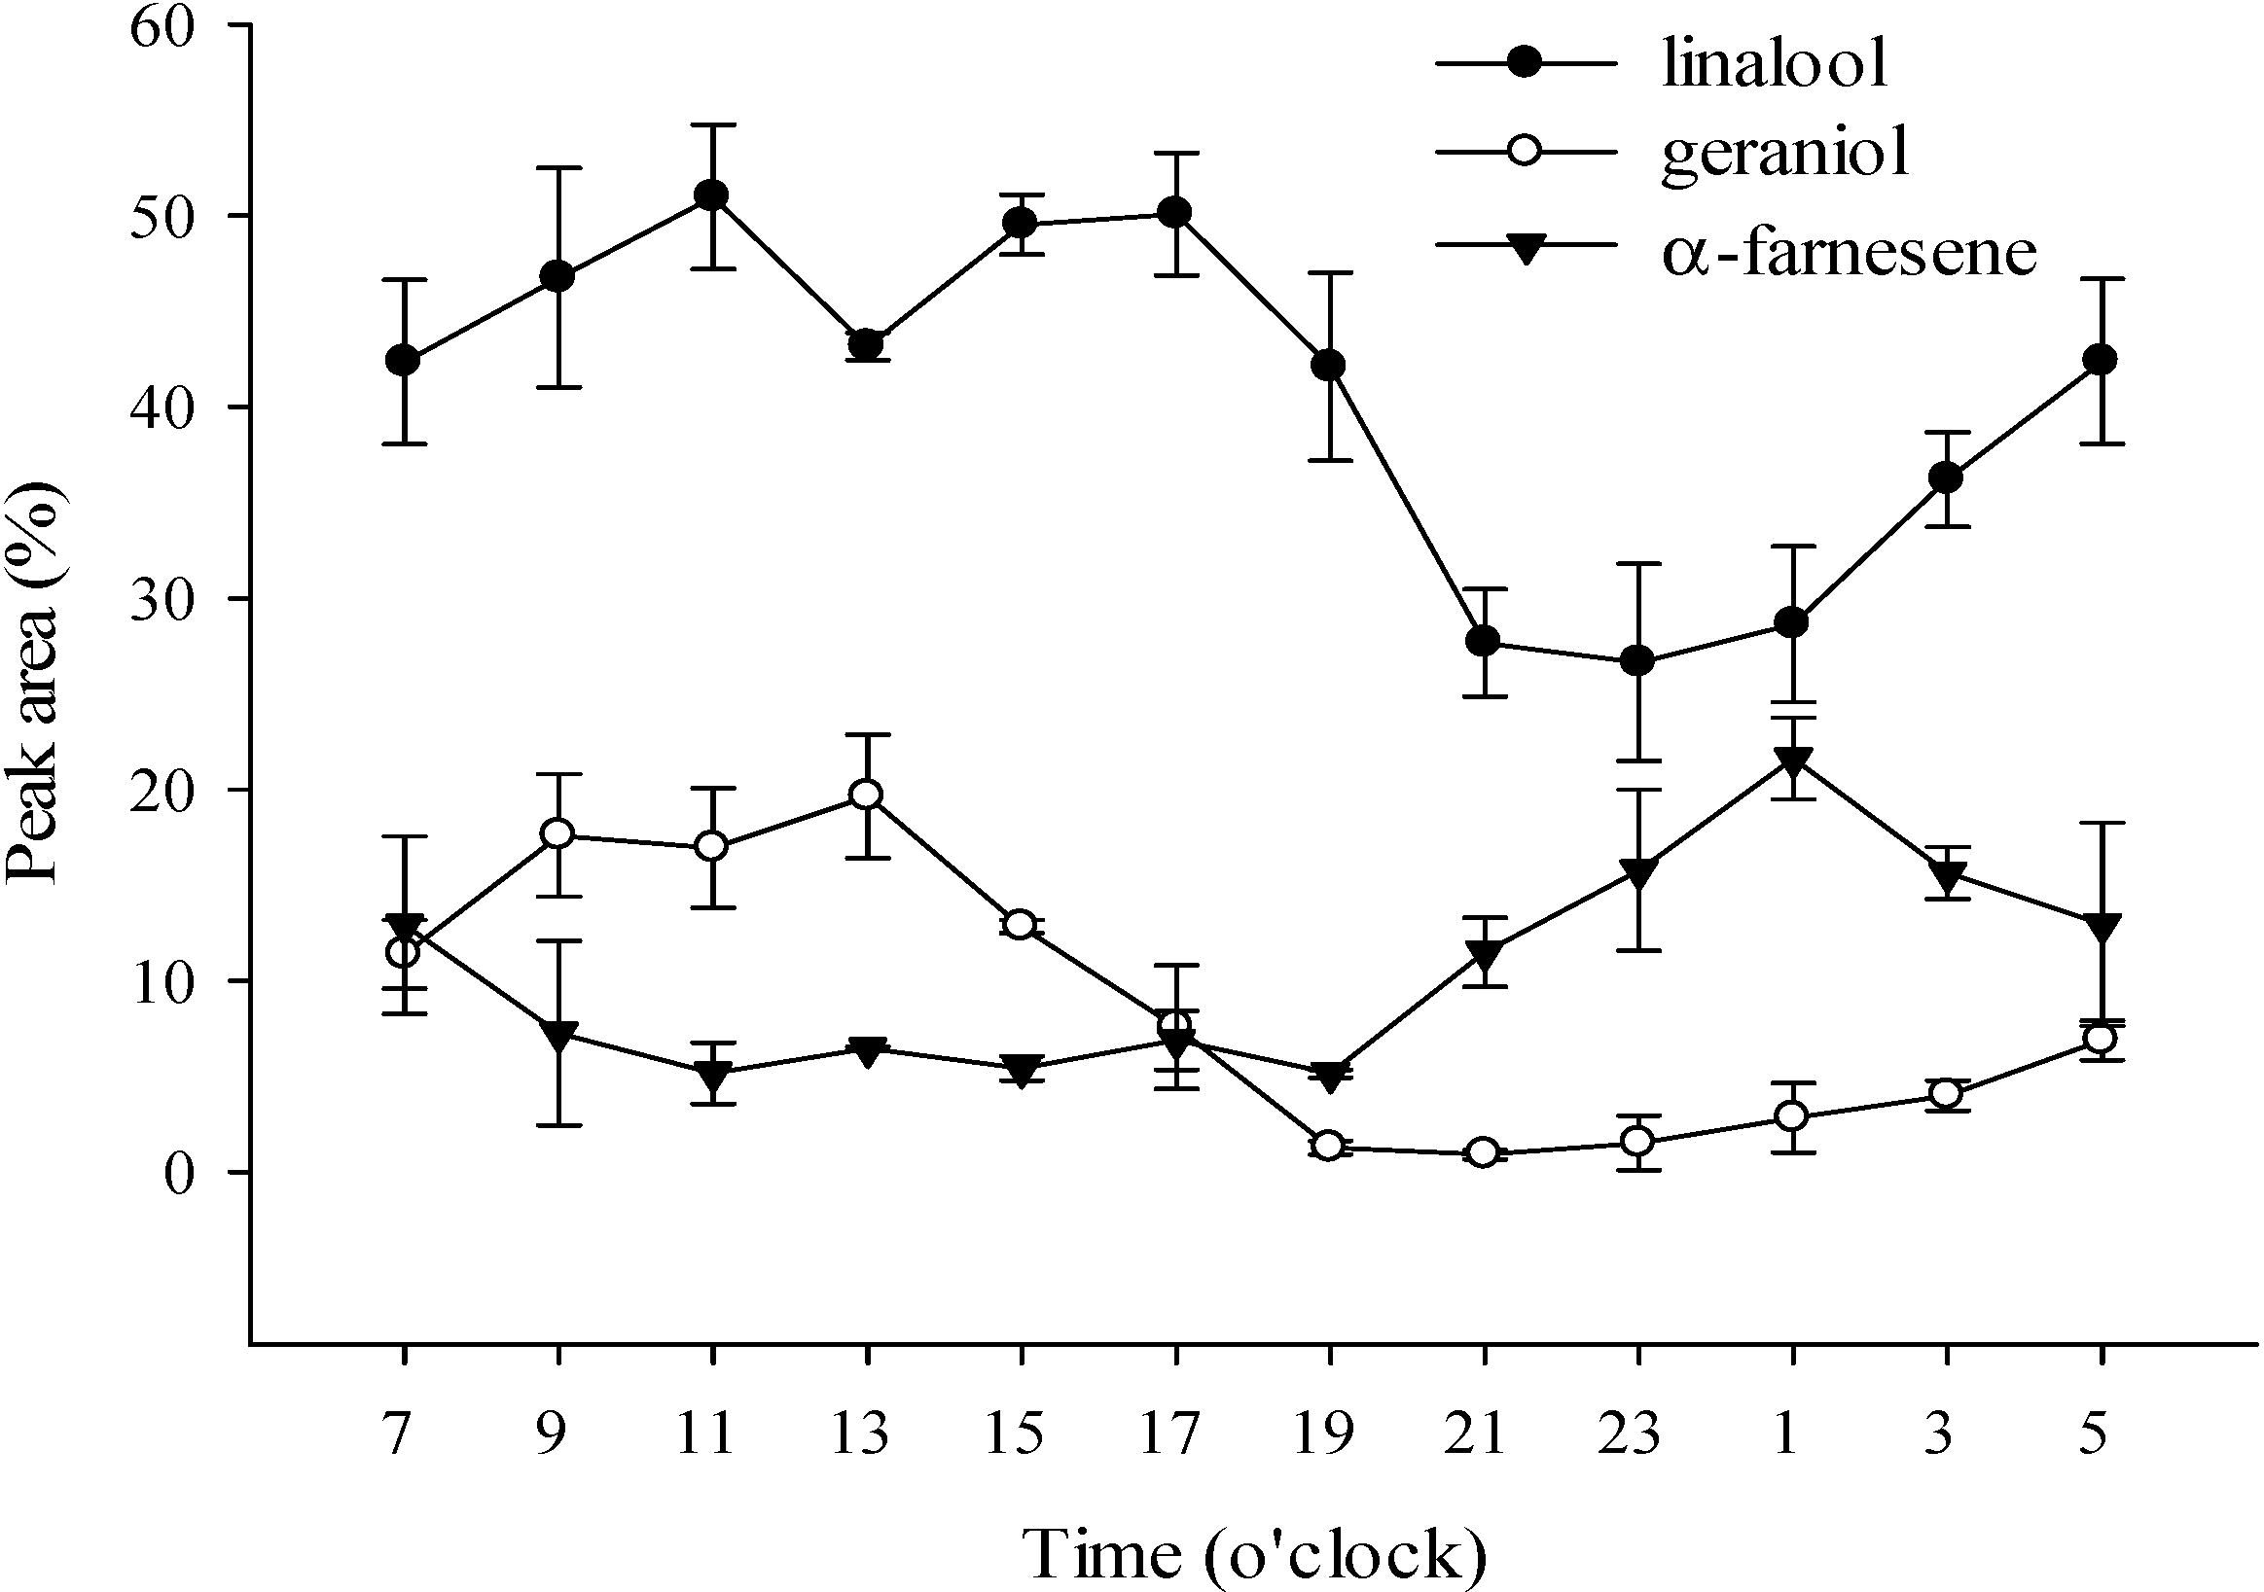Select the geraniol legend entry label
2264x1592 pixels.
(x=1785, y=156)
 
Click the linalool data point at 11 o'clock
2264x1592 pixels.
(x=711, y=195)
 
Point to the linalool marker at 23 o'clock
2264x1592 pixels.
(x=1636, y=661)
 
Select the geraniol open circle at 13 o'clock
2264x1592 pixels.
(x=866, y=795)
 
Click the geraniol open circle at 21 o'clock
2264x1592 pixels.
(x=1483, y=1152)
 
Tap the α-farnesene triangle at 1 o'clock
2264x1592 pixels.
(x=1792, y=761)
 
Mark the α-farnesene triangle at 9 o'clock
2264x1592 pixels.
(x=558, y=1035)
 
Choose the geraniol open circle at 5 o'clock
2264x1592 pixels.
(x=2101, y=1039)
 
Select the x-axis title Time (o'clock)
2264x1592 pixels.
(x=1253, y=1554)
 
